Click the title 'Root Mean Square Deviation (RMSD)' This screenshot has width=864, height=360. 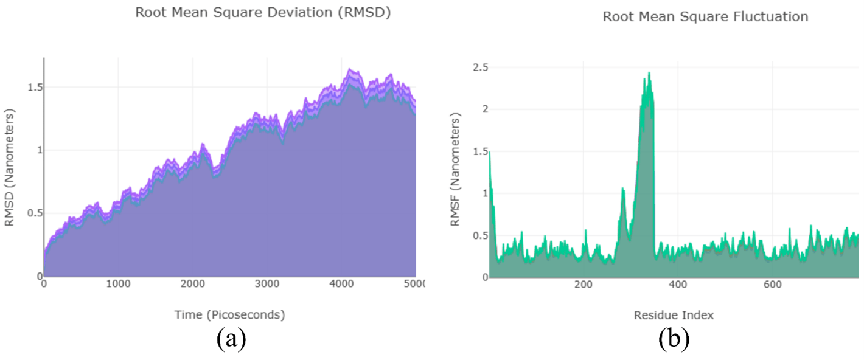point(262,12)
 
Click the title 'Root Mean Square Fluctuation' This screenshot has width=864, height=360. point(705,16)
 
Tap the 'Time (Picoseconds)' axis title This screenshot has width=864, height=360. point(231,314)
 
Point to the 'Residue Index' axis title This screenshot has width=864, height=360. point(674,315)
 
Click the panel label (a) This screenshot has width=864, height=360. point(231,339)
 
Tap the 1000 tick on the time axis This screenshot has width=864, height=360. point(118,285)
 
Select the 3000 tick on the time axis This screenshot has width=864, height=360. point(267,285)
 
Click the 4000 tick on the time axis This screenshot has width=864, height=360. point(341,285)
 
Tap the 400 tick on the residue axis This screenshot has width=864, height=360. point(677,285)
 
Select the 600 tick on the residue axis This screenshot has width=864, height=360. point(772,285)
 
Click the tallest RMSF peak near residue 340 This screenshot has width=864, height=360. point(649,73)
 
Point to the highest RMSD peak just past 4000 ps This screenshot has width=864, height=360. point(350,69)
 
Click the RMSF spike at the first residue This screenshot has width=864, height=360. point(490,152)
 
